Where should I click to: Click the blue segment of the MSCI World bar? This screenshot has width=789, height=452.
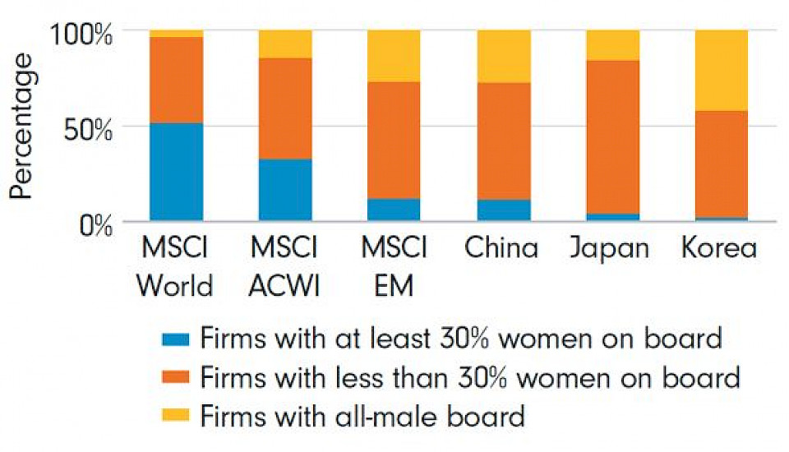[x=176, y=172]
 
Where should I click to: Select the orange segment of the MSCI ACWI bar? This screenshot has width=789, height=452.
[x=285, y=108]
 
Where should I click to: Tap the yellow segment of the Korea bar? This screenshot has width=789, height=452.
[x=721, y=70]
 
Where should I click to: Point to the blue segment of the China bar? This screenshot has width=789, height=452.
[x=503, y=210]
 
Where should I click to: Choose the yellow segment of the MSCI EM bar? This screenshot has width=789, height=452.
[x=394, y=55]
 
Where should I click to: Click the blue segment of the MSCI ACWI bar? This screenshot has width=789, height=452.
[x=285, y=190]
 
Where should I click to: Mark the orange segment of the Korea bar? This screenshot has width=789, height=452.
[x=721, y=164]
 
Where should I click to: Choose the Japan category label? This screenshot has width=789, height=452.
[x=609, y=248]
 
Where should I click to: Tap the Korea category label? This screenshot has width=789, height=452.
[x=719, y=248]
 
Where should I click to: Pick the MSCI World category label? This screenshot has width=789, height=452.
[x=174, y=266]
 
